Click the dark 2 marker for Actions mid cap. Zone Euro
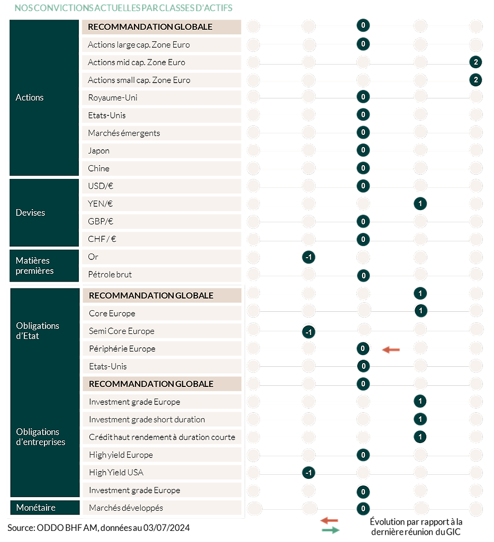(475, 62)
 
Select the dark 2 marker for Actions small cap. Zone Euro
(475, 80)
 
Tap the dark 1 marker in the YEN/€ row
(420, 204)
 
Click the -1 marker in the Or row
(309, 257)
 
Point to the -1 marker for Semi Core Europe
(309, 332)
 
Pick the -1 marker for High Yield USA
(309, 473)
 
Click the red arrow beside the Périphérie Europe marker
(391, 350)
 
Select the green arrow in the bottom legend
(330, 530)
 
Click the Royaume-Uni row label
(113, 98)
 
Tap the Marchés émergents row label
(124, 133)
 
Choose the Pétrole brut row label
(110, 275)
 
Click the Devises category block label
(30, 213)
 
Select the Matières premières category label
(34, 266)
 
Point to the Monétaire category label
(35, 508)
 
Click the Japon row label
(98, 151)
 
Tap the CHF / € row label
(102, 239)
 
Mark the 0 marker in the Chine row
(363, 168)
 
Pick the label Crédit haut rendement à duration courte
(162, 437)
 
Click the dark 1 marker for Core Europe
(421, 311)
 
